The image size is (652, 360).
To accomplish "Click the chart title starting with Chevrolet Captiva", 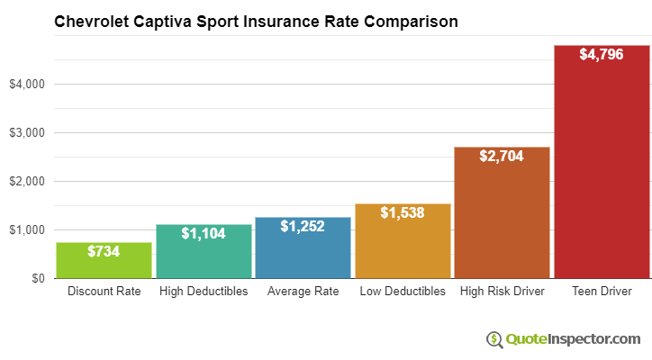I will (x=256, y=21).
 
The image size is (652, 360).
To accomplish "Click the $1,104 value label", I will (x=204, y=234).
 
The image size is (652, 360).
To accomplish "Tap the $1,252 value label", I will (x=303, y=227).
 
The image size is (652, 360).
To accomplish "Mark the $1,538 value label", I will (x=403, y=213).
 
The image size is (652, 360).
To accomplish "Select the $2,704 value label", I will (x=502, y=157).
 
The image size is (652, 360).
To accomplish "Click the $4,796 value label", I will (x=602, y=55).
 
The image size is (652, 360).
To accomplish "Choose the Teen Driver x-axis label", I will (x=602, y=292).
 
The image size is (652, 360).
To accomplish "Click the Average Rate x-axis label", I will (x=303, y=292).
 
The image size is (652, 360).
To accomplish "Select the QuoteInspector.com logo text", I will (x=574, y=338).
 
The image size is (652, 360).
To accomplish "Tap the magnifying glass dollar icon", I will (x=494, y=339).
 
